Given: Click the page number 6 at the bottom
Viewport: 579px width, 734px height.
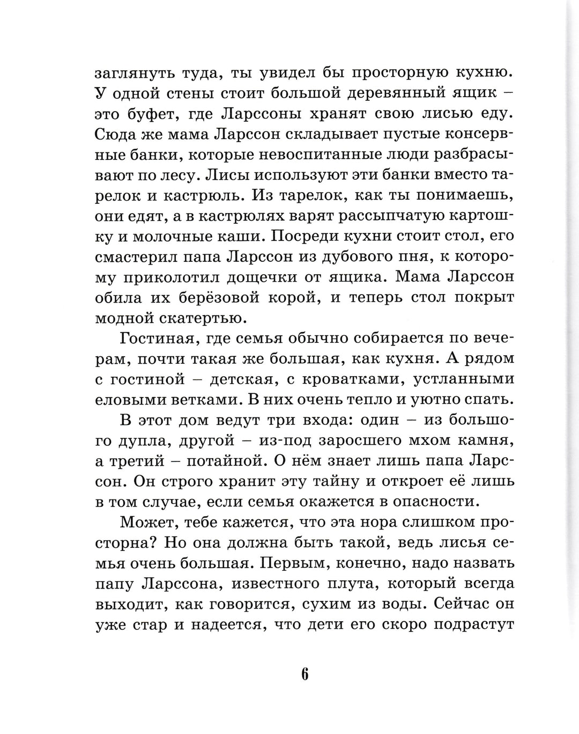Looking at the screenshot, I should point(304,674).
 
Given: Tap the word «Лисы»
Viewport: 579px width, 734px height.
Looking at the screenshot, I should point(222,175).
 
